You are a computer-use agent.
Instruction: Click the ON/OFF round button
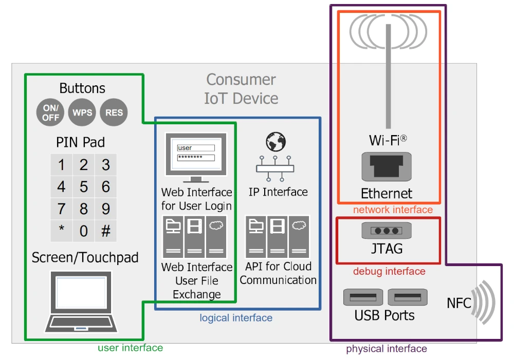pyautogui.click(x=51, y=112)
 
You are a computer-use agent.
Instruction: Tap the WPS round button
pyautogui.click(x=82, y=112)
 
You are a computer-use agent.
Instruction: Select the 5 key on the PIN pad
pyautogui.click(x=83, y=186)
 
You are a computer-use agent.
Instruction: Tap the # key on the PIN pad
pyautogui.click(x=106, y=231)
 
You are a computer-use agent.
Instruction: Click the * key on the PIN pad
pyautogui.click(x=61, y=231)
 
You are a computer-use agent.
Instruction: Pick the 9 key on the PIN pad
pyautogui.click(x=106, y=209)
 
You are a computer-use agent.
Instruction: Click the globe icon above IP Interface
pyautogui.click(x=276, y=142)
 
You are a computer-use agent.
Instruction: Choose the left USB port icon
pyautogui.click(x=363, y=297)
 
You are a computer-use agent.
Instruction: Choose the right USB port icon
pyautogui.click(x=408, y=297)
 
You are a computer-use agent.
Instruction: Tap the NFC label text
pyautogui.click(x=458, y=303)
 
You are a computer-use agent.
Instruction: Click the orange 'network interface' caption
pyautogui.click(x=393, y=210)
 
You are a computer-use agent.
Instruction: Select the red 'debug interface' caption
pyautogui.click(x=389, y=271)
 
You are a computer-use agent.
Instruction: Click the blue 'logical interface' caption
pyautogui.click(x=236, y=318)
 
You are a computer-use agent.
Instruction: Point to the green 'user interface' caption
pyautogui.click(x=130, y=348)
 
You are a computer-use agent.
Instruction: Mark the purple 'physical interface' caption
pyautogui.click(x=386, y=349)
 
